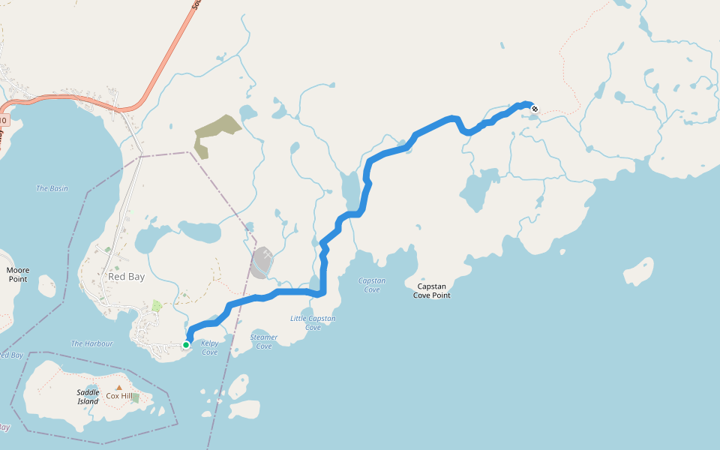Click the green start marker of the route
click(186, 345)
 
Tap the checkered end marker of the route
click(535, 109)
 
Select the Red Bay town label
click(126, 277)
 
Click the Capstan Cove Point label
click(431, 290)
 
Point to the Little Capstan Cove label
click(313, 322)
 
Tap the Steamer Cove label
click(264, 341)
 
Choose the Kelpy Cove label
click(209, 348)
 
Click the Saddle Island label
click(88, 397)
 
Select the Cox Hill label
click(118, 396)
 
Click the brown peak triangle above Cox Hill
click(118, 387)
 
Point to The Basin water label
click(52, 188)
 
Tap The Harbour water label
click(91, 343)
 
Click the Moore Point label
click(17, 274)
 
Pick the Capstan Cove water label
click(372, 285)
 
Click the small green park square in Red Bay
click(156, 305)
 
